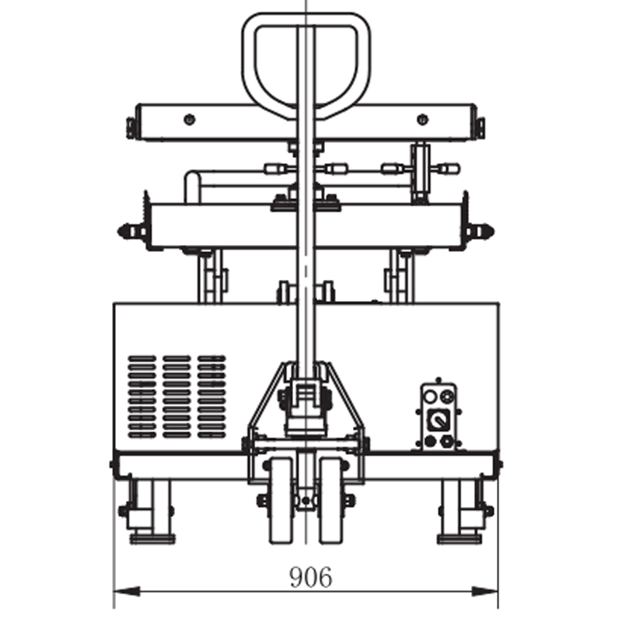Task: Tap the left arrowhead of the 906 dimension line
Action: coord(127,592)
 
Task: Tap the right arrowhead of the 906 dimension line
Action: coord(484,592)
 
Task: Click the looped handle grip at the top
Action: coord(306,64)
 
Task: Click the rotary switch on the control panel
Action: coord(438,420)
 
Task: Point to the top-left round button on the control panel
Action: coord(430,396)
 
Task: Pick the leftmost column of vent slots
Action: coord(142,397)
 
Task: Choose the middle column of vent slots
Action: coord(176,397)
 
